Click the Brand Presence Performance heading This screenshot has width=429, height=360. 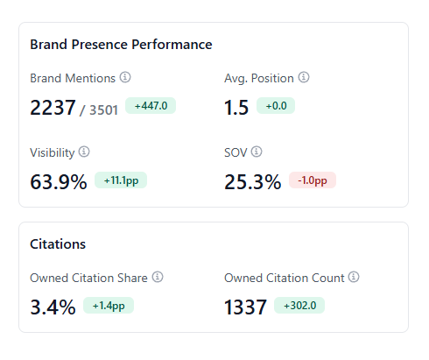click(121, 45)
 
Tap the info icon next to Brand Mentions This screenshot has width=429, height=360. click(125, 77)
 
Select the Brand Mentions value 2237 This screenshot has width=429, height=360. click(53, 108)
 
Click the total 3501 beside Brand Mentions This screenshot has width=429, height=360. click(103, 110)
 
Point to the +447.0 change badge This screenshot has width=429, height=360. click(151, 106)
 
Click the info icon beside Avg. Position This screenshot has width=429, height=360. click(304, 77)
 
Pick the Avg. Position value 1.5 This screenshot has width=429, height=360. click(236, 108)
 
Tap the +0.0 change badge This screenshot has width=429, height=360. click(276, 106)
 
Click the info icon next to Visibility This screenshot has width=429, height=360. click(84, 152)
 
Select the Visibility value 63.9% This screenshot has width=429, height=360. click(59, 182)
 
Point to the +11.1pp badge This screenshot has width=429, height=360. click(121, 180)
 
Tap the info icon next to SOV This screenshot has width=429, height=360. click(257, 152)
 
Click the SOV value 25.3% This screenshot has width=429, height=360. click(253, 182)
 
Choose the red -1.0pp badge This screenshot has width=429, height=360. click(313, 180)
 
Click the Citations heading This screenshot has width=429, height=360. click(58, 244)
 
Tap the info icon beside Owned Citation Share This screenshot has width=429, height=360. click(158, 277)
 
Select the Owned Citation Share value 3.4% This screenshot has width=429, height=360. click(53, 307)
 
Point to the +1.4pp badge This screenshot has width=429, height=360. click(109, 306)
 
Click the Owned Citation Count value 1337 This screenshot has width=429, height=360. click(245, 307)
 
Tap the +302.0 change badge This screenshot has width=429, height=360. click(299, 306)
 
